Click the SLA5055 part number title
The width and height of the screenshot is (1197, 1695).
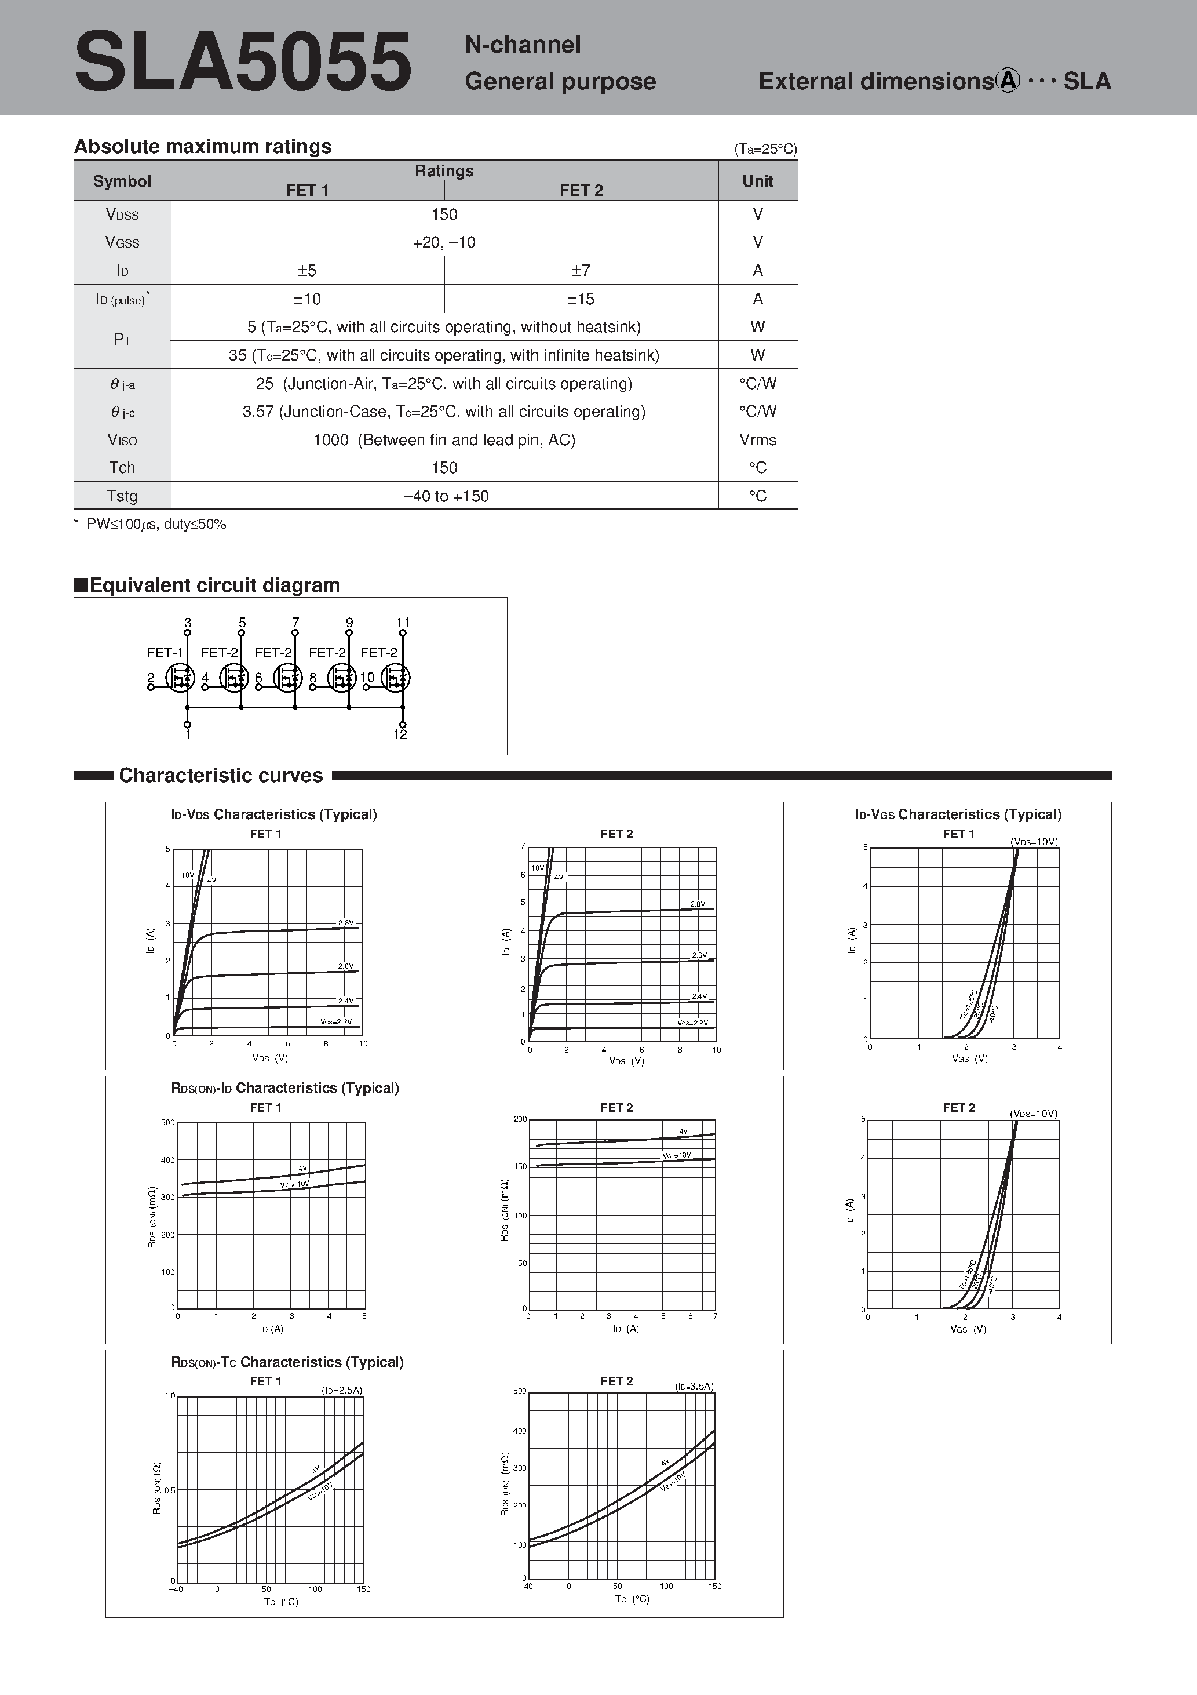tap(243, 62)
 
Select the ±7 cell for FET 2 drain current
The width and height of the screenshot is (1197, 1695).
tap(581, 271)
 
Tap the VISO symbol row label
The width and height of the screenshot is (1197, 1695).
tap(122, 440)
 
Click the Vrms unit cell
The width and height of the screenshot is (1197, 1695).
tap(758, 440)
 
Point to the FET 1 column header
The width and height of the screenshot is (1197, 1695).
tap(307, 191)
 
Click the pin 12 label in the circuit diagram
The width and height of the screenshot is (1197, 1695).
tap(400, 734)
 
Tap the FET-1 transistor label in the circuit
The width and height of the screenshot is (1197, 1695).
tap(165, 653)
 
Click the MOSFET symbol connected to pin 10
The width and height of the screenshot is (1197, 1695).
tap(396, 678)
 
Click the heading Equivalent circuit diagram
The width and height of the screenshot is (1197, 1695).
tap(214, 585)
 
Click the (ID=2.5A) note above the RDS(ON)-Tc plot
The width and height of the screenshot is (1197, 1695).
tap(342, 1390)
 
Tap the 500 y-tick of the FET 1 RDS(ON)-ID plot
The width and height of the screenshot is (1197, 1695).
tap(167, 1123)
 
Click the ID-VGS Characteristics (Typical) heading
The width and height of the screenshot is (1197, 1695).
tap(958, 814)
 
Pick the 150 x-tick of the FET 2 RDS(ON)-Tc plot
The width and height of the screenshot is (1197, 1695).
tap(714, 1586)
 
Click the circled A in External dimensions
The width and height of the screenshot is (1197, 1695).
tap(1008, 81)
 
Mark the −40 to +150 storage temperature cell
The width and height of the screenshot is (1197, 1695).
tap(445, 496)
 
